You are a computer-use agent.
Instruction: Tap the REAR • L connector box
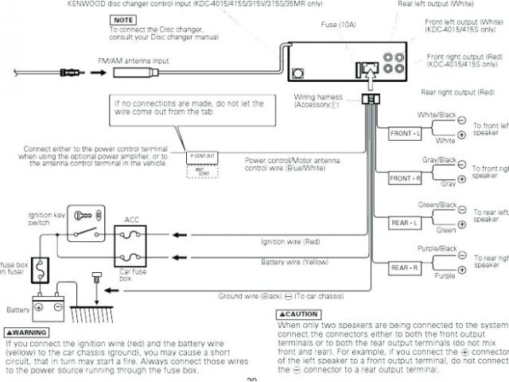point(405,224)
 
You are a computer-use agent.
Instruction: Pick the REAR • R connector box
point(405,267)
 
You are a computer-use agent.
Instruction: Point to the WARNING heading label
point(26,332)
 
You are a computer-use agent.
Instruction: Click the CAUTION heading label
point(297,314)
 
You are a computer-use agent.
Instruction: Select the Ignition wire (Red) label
point(289,241)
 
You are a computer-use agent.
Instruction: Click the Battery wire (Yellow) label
point(294,262)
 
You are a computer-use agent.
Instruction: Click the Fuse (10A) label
point(337,25)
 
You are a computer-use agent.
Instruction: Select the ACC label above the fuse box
point(131,219)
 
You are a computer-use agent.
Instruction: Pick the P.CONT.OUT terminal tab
point(203,156)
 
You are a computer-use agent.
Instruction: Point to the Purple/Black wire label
point(437,248)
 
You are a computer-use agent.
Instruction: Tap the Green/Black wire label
point(437,205)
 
